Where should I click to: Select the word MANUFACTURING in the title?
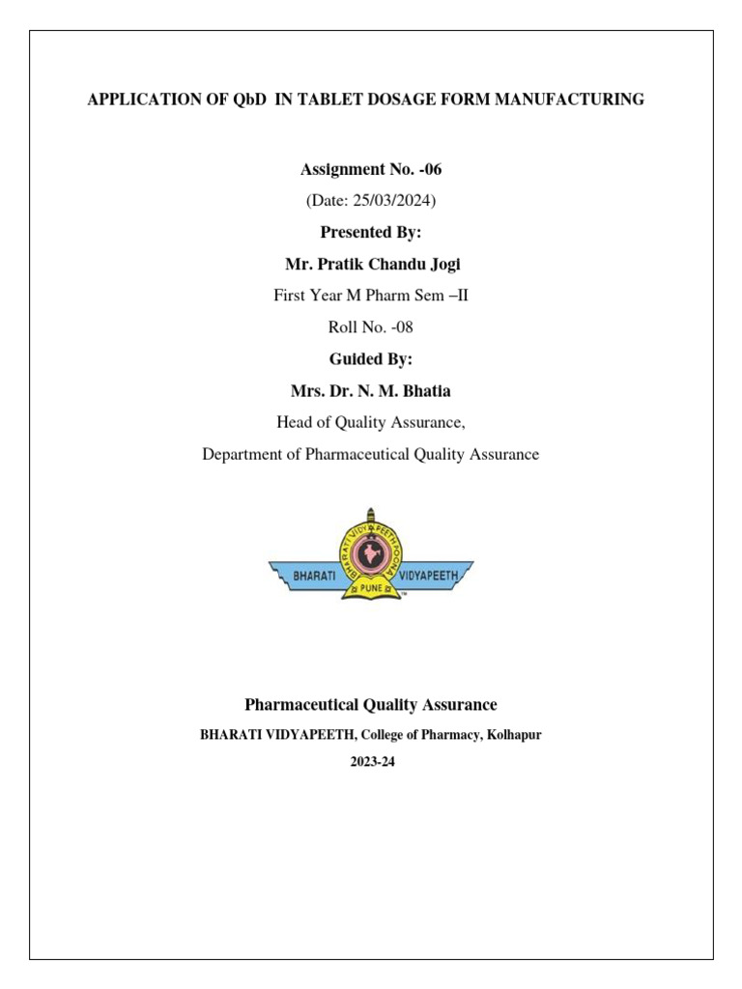tap(571, 99)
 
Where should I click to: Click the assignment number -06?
tap(428, 170)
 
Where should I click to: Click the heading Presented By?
tap(370, 233)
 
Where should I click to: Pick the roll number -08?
tap(401, 327)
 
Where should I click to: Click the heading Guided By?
tap(370, 358)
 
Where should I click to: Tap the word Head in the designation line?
tap(294, 422)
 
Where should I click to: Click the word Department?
tap(243, 454)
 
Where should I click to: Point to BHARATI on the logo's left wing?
tap(308, 576)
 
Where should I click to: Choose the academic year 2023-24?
tap(372, 762)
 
